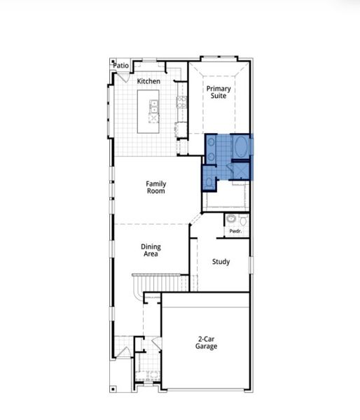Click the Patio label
pos(122,65)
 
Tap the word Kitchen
pos(148,81)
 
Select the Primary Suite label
pos(219,93)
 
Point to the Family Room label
pos(155,187)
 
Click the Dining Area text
pos(151,250)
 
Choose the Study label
pos(221,262)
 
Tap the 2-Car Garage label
pos(206,342)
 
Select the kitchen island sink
pos(153,106)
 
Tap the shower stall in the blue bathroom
pos(240,171)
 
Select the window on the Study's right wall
pos(250,264)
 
